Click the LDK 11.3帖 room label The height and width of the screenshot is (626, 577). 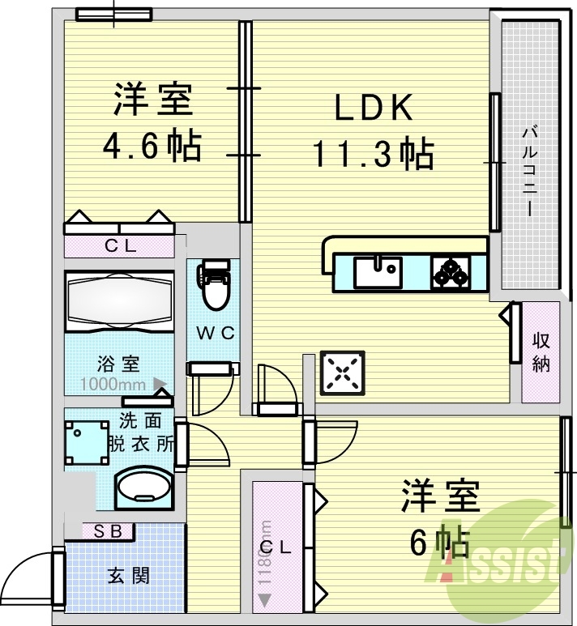pyautogui.click(x=373, y=130)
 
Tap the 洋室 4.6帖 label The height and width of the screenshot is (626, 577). pyautogui.click(x=152, y=122)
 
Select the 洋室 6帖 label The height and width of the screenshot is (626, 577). pyautogui.click(x=441, y=518)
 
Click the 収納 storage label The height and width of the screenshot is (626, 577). pyautogui.click(x=541, y=353)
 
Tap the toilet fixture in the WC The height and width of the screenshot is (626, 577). pyautogui.click(x=214, y=287)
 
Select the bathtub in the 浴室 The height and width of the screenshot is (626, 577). pyautogui.click(x=119, y=300)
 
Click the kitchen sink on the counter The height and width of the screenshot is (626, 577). pyautogui.click(x=378, y=270)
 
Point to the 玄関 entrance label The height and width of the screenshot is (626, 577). pyautogui.click(x=128, y=576)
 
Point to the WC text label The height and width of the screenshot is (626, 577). pyautogui.click(x=213, y=332)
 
